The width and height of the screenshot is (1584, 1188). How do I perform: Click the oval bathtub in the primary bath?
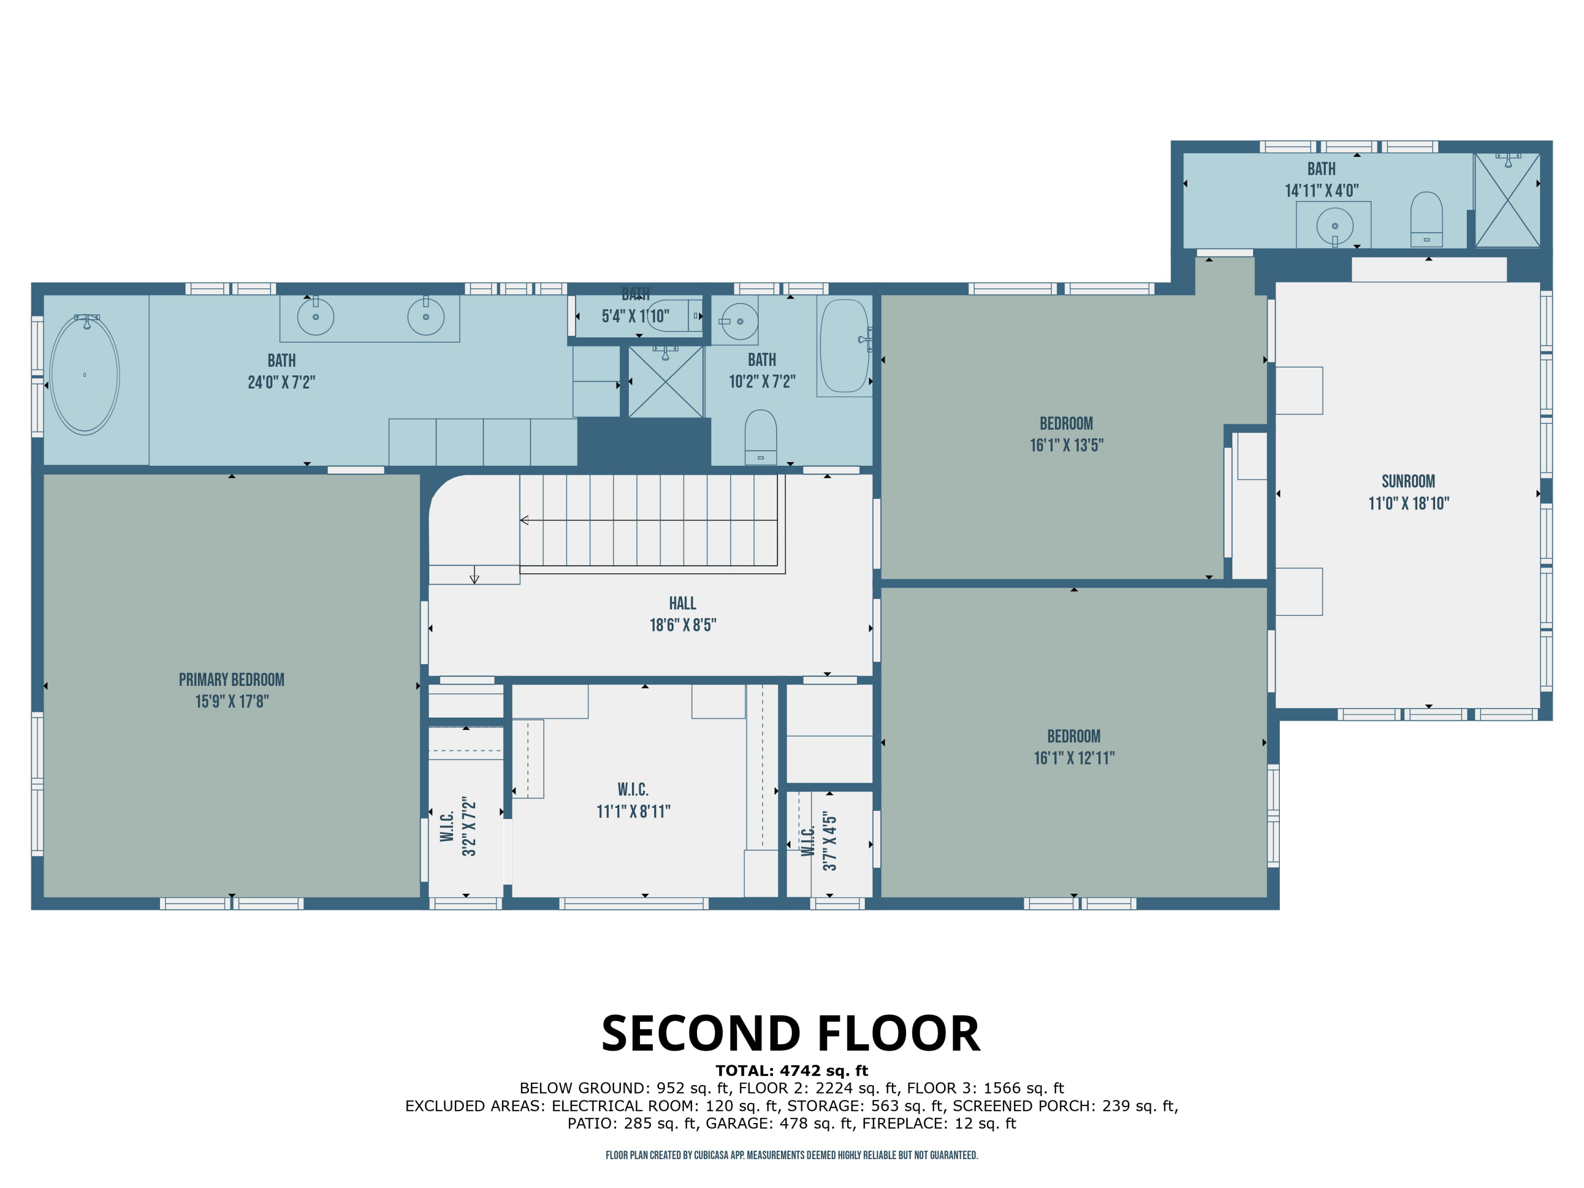(x=84, y=374)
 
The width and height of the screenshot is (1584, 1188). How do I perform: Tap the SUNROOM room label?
(x=1408, y=481)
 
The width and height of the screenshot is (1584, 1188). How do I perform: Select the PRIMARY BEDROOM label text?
(x=231, y=680)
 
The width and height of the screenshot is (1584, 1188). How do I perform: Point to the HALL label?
(x=682, y=603)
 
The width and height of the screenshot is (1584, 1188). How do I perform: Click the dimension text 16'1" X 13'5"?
(x=1066, y=445)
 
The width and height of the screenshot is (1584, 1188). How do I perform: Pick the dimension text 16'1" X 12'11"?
(x=1073, y=758)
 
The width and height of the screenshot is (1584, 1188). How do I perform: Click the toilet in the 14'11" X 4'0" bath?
(x=1426, y=219)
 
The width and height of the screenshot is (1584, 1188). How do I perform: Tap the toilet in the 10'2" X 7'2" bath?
(x=760, y=437)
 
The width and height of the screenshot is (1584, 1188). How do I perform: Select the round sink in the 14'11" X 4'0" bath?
(x=1335, y=227)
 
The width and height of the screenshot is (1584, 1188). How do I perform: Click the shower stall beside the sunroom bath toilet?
(x=1507, y=201)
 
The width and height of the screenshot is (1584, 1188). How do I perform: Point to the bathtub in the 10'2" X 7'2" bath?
(x=844, y=346)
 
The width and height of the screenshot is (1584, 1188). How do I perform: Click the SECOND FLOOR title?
(x=790, y=1033)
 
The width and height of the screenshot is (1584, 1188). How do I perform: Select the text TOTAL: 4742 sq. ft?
(x=791, y=1071)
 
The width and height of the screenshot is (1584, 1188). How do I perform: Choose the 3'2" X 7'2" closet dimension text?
(x=469, y=826)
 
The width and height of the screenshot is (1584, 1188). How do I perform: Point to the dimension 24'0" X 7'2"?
(x=281, y=382)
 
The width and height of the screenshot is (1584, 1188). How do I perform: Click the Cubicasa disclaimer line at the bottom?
(x=791, y=1155)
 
